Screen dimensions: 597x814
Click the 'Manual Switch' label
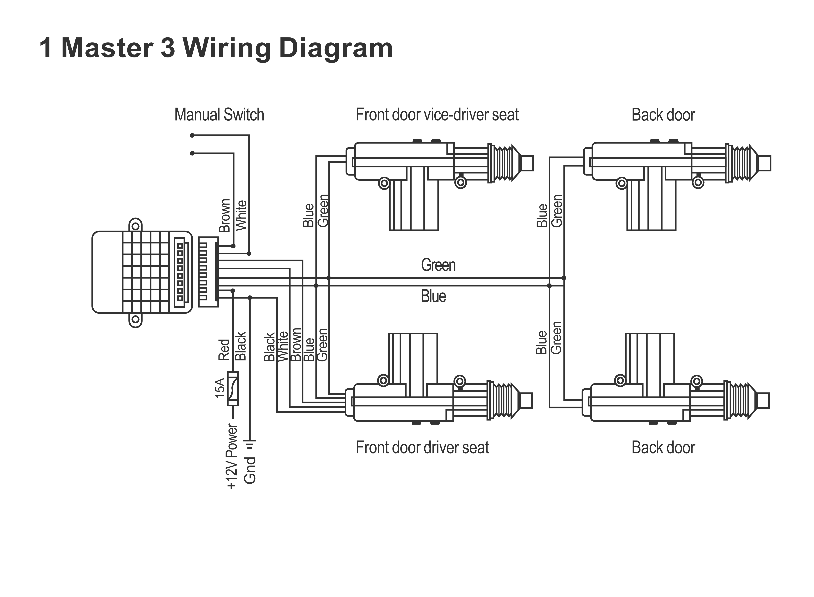(219, 115)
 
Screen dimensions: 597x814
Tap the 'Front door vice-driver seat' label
(437, 115)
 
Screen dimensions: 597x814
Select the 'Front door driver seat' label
(422, 448)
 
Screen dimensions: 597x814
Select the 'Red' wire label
(224, 350)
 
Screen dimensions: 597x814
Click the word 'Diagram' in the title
(336, 49)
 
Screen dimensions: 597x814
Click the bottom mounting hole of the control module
(135, 320)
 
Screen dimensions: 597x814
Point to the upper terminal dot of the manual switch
(192, 135)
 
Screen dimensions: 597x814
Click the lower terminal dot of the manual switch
(192, 153)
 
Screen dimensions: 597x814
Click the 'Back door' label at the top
(663, 115)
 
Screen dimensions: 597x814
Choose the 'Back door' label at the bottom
(663, 448)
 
